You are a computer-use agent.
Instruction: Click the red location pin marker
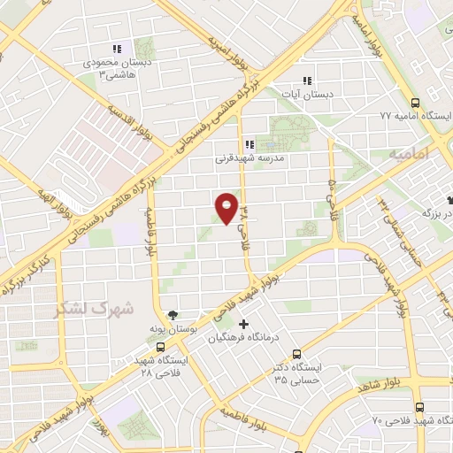tap(226, 209)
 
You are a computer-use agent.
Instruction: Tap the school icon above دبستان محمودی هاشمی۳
tap(115, 50)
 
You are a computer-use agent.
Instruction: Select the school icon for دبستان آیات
tap(307, 78)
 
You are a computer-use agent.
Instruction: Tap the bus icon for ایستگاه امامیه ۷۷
tap(416, 102)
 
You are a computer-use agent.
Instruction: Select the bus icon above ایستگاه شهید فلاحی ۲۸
tap(160, 347)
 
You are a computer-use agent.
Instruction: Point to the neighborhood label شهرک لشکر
tap(93, 309)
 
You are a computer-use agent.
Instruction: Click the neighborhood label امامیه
tap(407, 154)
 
